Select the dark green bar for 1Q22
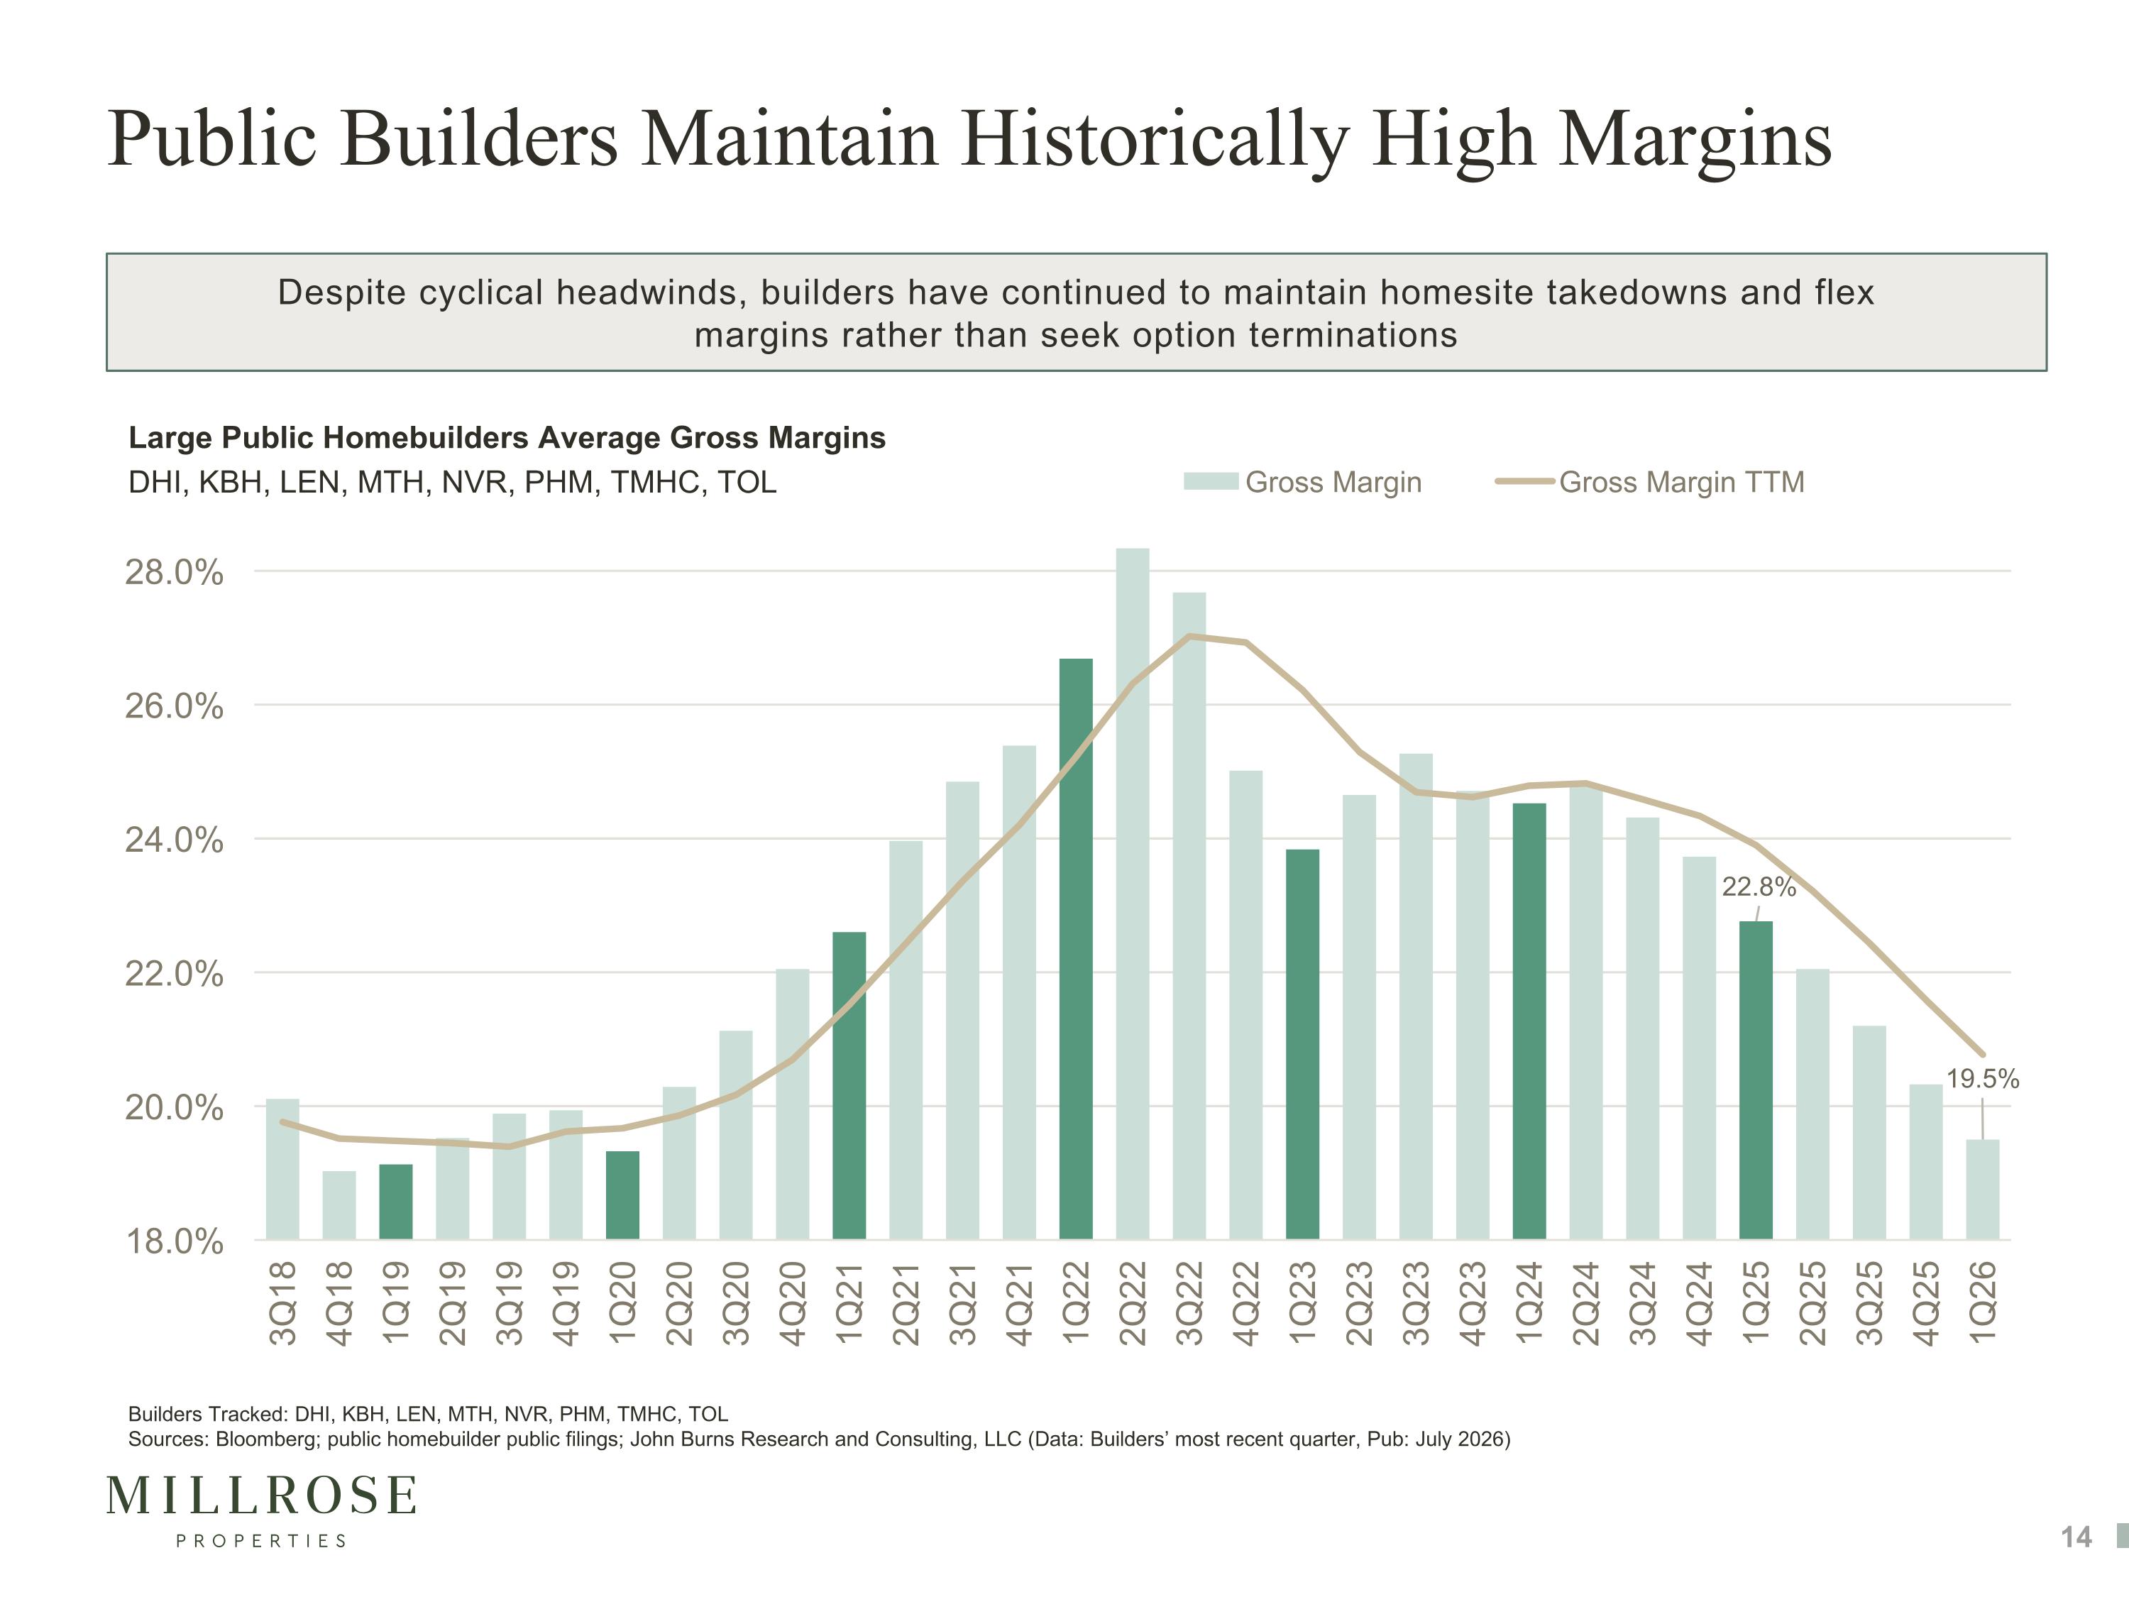pos(1075,949)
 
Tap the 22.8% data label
pos(1759,887)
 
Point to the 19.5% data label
pos(1983,1079)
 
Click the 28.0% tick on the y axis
pos(174,572)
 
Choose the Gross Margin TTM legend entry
pos(1650,481)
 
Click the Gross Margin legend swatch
pos(1211,481)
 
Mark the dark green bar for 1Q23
pos(1302,1045)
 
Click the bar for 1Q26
pos(1983,1190)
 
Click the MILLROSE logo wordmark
pos(261,1495)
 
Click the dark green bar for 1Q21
pos(849,1086)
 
